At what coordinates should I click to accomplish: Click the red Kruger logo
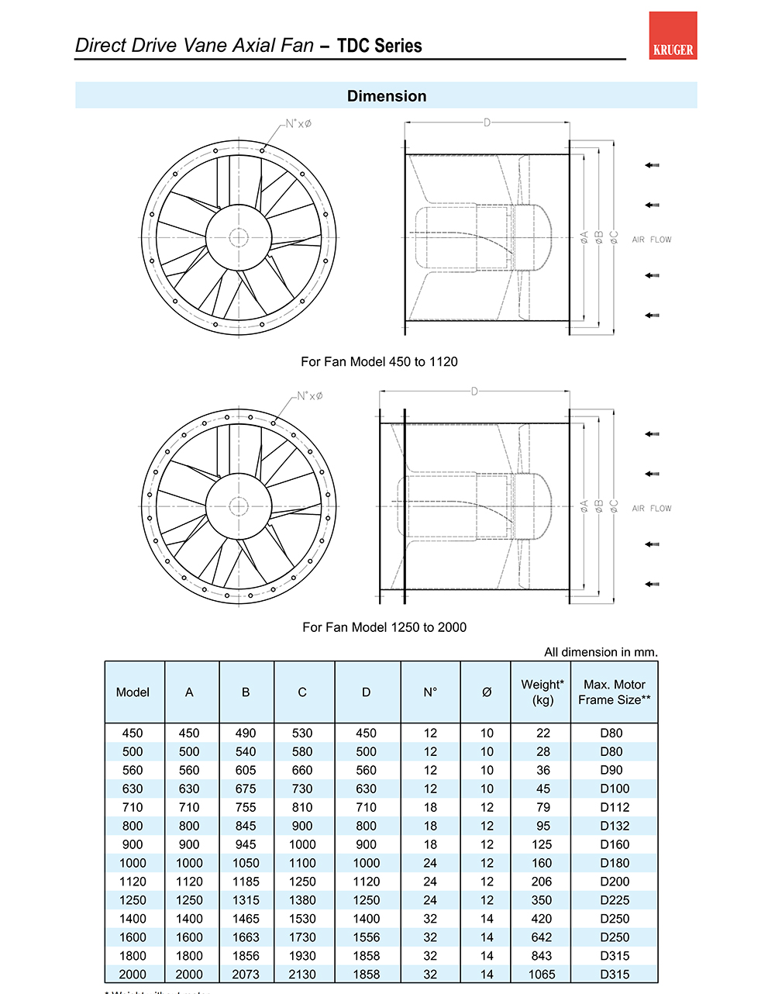[673, 36]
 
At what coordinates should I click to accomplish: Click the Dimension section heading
[387, 96]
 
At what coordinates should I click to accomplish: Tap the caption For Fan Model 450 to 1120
[379, 361]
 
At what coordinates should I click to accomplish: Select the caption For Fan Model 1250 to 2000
[384, 627]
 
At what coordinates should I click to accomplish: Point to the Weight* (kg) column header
[542, 692]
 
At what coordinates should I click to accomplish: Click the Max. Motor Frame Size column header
[615, 692]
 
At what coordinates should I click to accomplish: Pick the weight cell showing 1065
[542, 975]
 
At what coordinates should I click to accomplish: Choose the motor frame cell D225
[615, 900]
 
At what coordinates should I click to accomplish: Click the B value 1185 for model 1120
[246, 882]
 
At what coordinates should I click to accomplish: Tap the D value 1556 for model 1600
[367, 937]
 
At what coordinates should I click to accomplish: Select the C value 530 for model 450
[302, 733]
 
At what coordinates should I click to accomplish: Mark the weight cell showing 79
[542, 807]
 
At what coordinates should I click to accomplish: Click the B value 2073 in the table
[246, 975]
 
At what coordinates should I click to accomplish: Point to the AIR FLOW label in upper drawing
[652, 240]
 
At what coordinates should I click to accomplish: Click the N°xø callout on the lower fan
[310, 395]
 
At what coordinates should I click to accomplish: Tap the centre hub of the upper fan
[239, 237]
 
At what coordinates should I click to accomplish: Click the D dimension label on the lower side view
[474, 392]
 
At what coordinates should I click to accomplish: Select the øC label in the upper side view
[614, 237]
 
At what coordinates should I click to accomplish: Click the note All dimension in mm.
[601, 652]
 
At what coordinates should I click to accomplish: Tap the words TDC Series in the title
[380, 46]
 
